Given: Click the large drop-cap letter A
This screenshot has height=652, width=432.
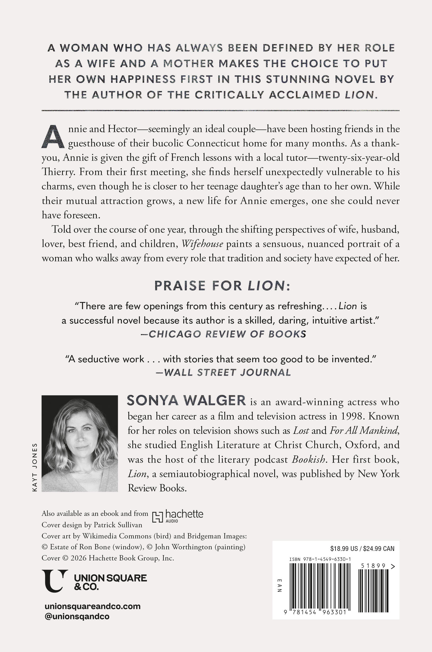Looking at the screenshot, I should [53, 137].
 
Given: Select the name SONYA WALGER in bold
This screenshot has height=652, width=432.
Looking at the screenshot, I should [186, 401].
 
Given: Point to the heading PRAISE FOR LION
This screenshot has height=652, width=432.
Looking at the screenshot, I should [222, 286].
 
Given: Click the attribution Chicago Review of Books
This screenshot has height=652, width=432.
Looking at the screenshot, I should [224, 334].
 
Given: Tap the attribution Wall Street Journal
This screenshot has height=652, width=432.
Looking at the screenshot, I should [224, 373].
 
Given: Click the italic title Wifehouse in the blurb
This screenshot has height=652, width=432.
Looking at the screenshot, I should [202, 244].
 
